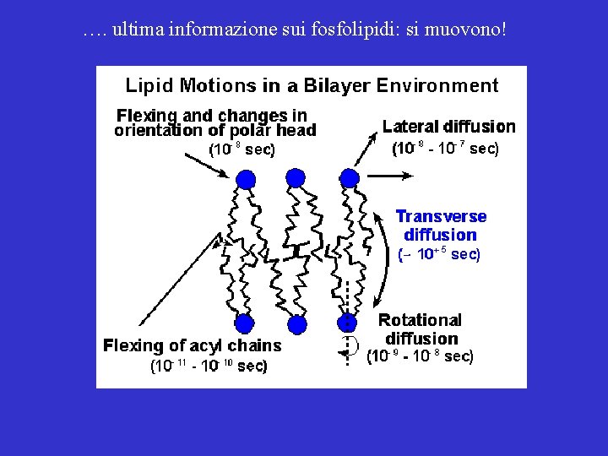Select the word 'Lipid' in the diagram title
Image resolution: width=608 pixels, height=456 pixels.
point(148,85)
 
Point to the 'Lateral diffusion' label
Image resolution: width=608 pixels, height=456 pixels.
point(448,127)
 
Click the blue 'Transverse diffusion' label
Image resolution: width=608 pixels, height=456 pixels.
point(441,225)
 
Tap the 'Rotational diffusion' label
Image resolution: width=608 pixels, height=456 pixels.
point(420,329)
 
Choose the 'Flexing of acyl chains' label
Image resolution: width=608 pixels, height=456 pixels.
point(192,345)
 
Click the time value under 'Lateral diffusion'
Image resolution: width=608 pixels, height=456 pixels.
point(445,149)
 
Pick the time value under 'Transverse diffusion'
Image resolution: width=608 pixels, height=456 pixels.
point(438,254)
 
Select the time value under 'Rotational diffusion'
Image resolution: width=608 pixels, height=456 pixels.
point(420,356)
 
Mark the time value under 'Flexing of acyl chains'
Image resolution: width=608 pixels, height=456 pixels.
point(209,366)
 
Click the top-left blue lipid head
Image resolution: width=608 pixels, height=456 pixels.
point(246,179)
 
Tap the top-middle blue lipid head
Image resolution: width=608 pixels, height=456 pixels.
point(296,177)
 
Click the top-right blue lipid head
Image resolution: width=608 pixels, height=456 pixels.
point(348,177)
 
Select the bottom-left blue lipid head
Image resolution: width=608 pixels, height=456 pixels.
point(245,323)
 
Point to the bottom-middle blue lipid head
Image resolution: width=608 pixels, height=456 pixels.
point(296,324)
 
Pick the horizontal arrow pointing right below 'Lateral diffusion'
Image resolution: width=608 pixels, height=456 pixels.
point(390,175)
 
